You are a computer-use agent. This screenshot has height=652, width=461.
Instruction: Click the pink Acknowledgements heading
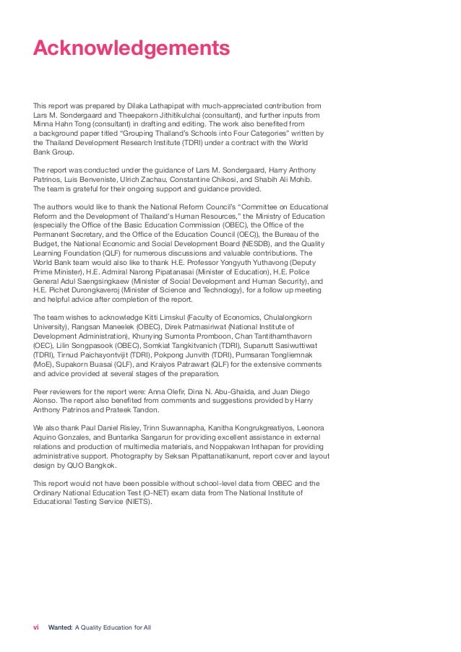click(x=132, y=48)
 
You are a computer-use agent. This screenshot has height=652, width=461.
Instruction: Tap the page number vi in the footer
click(x=36, y=627)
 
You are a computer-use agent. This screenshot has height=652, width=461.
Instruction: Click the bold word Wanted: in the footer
click(x=61, y=627)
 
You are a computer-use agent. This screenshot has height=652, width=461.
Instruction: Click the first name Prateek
click(x=116, y=409)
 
